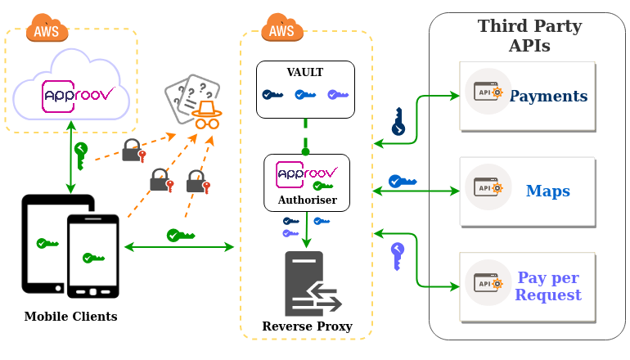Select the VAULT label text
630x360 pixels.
point(305,73)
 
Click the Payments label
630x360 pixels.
point(548,97)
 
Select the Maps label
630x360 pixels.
point(547,191)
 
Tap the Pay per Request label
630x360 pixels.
point(547,286)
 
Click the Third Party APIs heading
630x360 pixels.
point(529,36)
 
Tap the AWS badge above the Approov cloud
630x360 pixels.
point(47,30)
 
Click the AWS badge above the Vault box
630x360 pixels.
point(282,30)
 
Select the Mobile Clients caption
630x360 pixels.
point(70,317)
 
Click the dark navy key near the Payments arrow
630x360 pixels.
point(398,122)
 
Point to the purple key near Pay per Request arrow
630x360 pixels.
point(398,255)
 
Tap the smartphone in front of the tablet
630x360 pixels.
point(92,257)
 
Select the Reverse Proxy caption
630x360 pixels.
point(307,326)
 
